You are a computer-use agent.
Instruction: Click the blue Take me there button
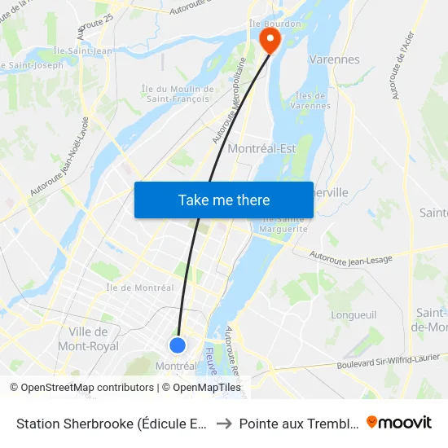tap(224, 200)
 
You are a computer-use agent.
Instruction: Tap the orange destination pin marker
tap(268, 39)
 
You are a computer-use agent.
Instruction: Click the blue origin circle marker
tap(178, 345)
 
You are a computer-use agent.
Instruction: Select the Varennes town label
tap(334, 59)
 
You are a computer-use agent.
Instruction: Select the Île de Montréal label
tap(140, 288)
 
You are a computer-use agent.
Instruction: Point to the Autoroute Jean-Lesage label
tap(351, 257)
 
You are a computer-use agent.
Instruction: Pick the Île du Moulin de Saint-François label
tap(175, 94)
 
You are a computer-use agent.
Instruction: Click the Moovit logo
tap(399, 422)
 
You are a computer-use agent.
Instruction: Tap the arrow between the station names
tap(224, 423)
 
